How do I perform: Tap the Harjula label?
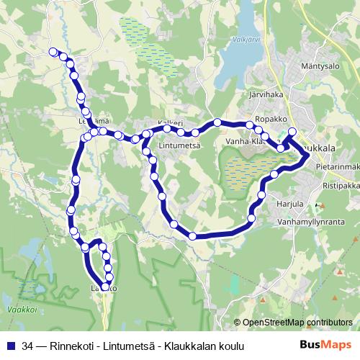291,204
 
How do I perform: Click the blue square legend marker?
10,346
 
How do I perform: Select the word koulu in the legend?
229,346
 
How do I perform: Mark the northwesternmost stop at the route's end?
52,51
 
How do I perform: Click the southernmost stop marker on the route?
105,287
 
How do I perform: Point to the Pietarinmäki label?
337,167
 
